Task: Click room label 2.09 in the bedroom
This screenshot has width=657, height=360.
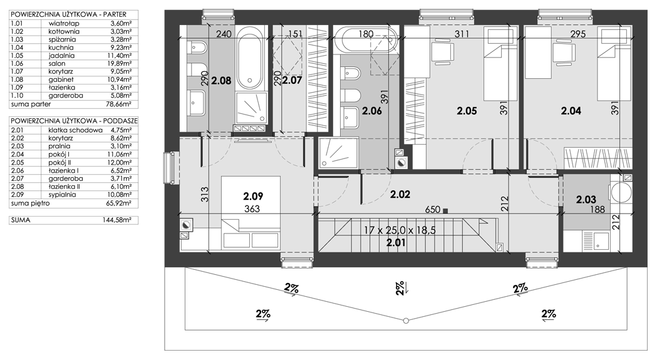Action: (254, 196)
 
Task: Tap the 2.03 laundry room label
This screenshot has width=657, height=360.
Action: (586, 200)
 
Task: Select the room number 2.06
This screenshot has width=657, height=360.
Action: (372, 111)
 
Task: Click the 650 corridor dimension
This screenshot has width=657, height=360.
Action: (432, 209)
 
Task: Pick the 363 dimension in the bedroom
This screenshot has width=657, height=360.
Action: (252, 208)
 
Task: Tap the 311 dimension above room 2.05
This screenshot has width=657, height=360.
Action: (462, 34)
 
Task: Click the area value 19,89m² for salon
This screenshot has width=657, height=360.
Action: (121, 64)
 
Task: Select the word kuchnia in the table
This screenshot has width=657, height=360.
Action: (61, 48)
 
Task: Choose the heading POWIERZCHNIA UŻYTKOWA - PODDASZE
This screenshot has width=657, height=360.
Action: (74, 121)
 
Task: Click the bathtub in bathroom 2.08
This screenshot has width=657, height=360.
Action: (250, 59)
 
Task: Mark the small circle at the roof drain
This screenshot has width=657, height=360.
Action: (406, 321)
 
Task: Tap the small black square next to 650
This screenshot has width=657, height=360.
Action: (445, 210)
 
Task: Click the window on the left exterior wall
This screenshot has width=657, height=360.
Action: (170, 168)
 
